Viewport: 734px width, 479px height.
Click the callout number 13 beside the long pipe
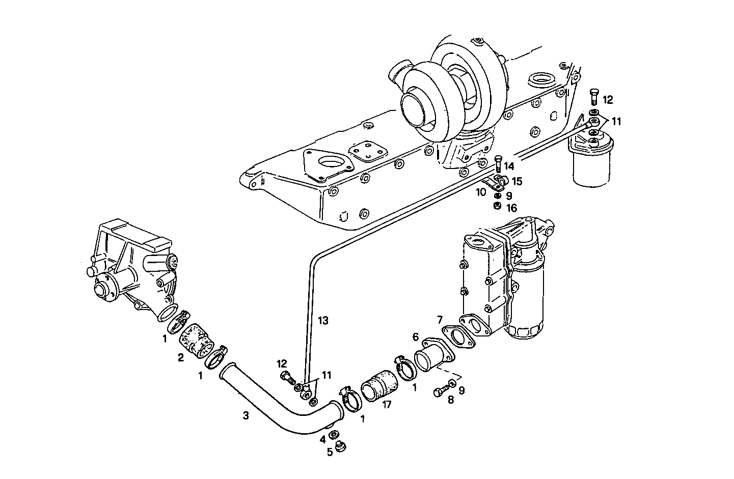pyautogui.click(x=323, y=321)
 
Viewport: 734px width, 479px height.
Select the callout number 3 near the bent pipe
pyautogui.click(x=246, y=416)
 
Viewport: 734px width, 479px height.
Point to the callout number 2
pyautogui.click(x=180, y=357)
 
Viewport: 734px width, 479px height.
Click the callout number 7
pyautogui.click(x=439, y=320)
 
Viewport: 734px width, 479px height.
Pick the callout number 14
pyautogui.click(x=508, y=166)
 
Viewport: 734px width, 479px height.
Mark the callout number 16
pyautogui.click(x=511, y=208)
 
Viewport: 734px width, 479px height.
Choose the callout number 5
pyautogui.click(x=330, y=452)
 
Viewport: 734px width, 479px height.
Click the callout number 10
pyautogui.click(x=481, y=192)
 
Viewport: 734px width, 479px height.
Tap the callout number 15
pyautogui.click(x=516, y=181)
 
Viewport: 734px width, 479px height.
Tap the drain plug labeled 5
pyautogui.click(x=343, y=447)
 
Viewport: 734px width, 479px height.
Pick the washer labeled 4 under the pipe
pyautogui.click(x=334, y=434)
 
